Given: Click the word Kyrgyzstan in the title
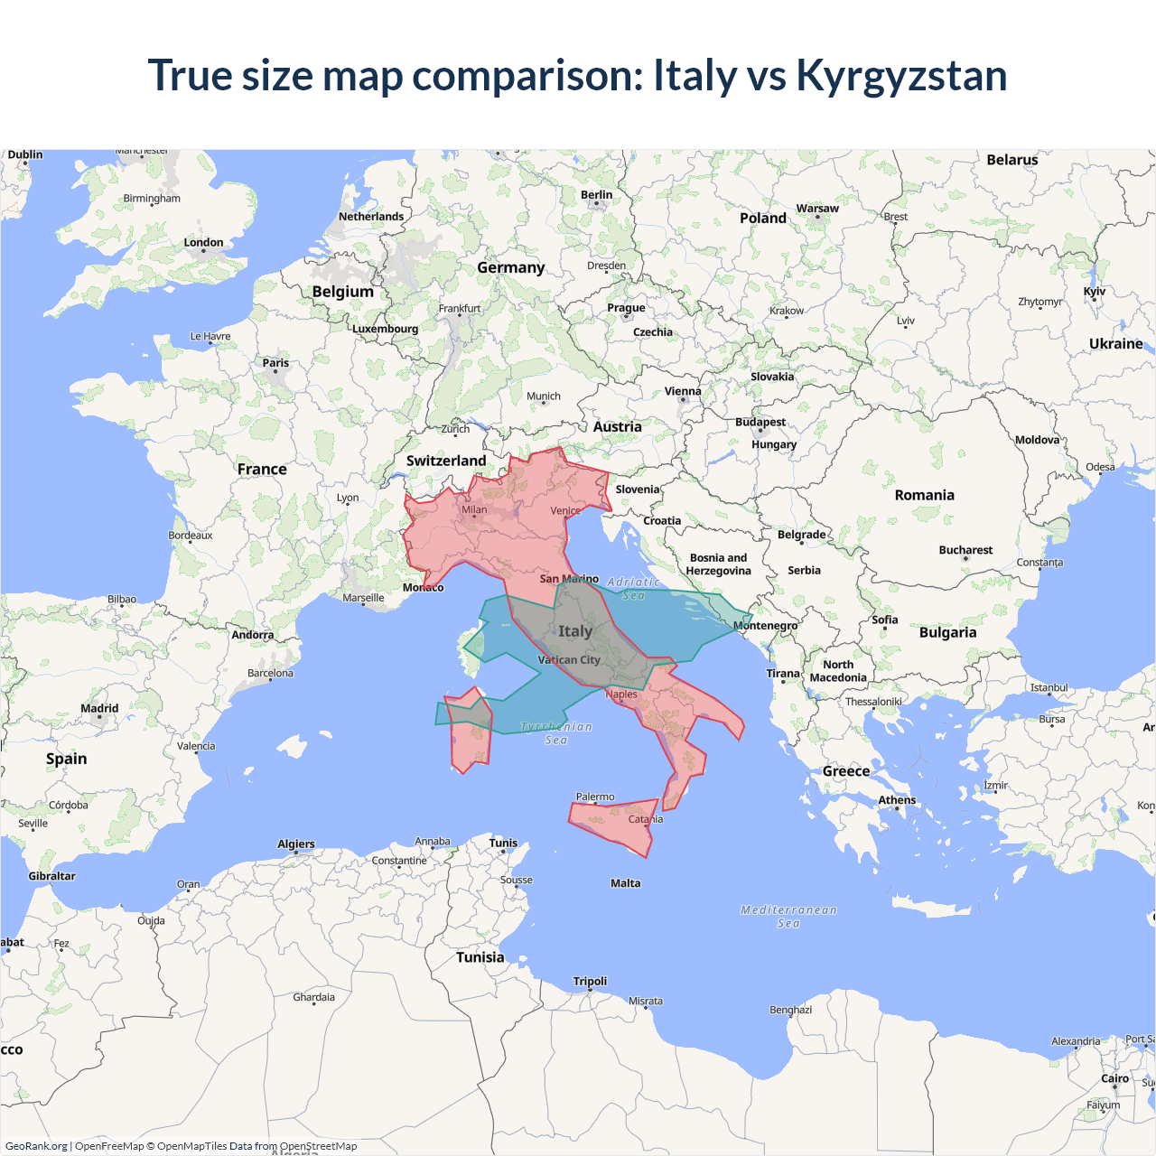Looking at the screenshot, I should click(900, 75).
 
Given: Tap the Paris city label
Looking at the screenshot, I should click(275, 363).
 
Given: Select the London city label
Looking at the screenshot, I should click(203, 242).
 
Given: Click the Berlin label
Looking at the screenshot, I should click(596, 194).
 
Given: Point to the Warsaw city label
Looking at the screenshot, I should click(817, 209).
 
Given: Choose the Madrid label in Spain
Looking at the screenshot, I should click(99, 708).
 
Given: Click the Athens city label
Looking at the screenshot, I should click(897, 800).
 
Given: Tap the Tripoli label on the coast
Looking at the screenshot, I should click(590, 981).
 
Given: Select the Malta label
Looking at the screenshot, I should click(625, 883).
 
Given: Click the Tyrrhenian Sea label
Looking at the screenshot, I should click(556, 732).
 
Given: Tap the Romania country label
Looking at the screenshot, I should click(924, 495).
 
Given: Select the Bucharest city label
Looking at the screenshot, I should click(965, 550).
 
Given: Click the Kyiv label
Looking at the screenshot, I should click(1094, 292).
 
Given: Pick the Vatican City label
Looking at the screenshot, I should click(569, 660).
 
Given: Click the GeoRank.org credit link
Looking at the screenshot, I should click(36, 1146).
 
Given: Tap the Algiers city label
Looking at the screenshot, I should click(296, 844).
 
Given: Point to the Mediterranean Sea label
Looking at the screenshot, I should click(788, 916).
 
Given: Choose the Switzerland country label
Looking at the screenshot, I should click(446, 461).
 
